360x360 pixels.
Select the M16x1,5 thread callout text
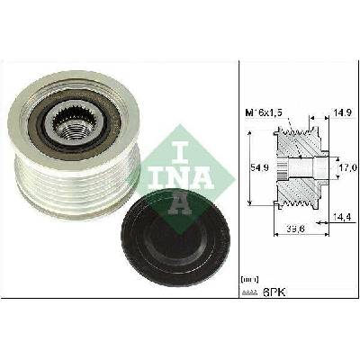(264, 113)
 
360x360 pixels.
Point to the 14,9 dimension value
(343, 112)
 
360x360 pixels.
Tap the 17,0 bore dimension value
(349, 167)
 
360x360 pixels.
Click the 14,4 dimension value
(342, 217)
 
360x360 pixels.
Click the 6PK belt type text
(274, 292)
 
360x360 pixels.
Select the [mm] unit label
(249, 280)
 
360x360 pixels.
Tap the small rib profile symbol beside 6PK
(249, 292)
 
